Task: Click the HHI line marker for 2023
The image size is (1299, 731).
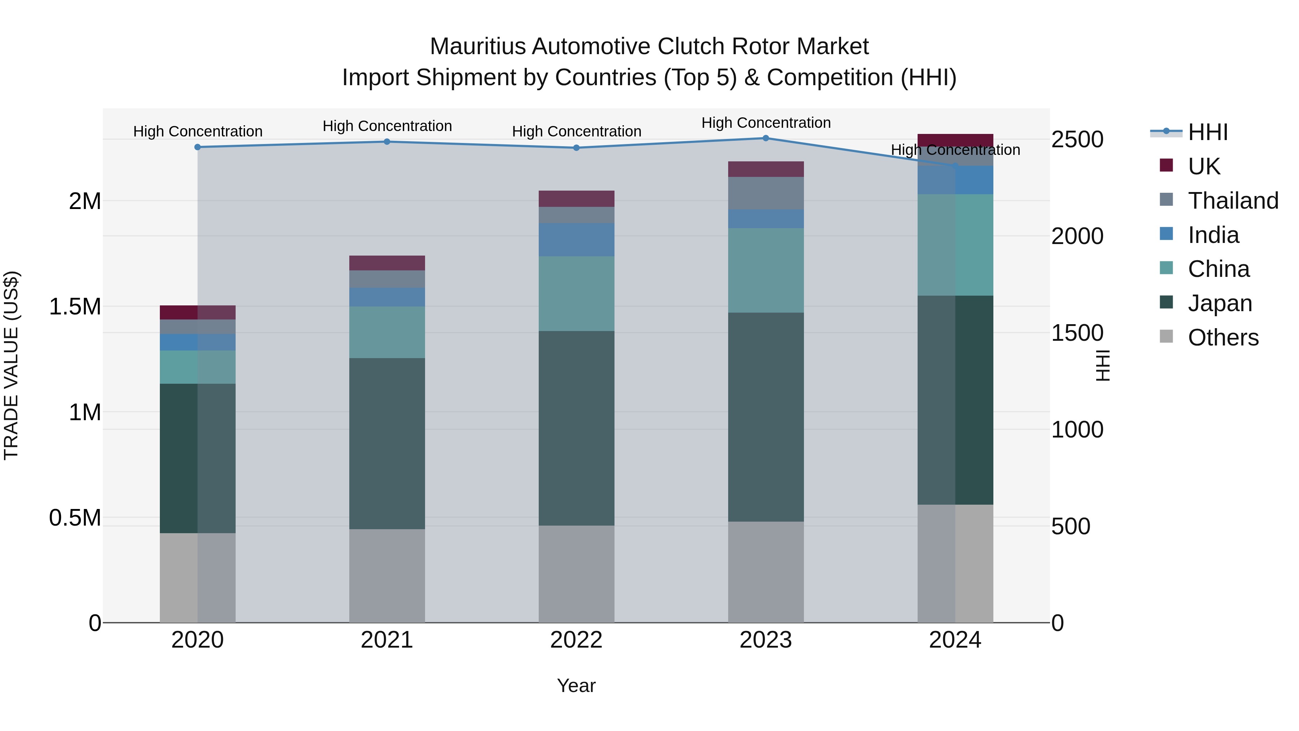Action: tap(765, 138)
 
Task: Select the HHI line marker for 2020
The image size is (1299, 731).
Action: tap(198, 147)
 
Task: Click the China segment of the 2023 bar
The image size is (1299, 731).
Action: tap(765, 270)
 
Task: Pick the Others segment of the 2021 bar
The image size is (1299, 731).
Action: tap(387, 576)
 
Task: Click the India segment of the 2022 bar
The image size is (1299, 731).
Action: tap(576, 240)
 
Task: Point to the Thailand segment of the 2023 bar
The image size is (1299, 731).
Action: tap(765, 193)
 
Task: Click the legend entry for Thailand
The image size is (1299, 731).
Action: tap(1233, 201)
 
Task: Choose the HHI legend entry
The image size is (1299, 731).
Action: tap(1208, 132)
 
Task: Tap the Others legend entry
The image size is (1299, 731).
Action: tap(1223, 338)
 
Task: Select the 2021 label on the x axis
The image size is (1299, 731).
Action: tap(387, 640)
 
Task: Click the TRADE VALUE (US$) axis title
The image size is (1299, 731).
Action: tap(11, 365)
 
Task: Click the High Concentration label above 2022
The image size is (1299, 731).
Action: tap(576, 132)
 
